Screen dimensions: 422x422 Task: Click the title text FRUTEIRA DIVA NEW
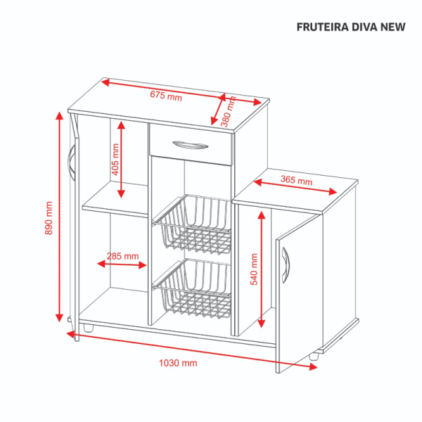coord(351,27)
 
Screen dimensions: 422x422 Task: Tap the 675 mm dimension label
coord(166,96)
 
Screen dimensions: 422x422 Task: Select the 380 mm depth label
coord(228,111)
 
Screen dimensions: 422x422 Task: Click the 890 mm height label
coord(49,218)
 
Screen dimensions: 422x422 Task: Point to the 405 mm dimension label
coord(115,160)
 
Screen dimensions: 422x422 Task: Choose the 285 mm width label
coord(122,256)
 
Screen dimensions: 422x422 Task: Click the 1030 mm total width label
coord(178,363)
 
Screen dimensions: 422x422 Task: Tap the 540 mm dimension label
coord(254,269)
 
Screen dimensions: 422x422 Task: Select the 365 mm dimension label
coord(296,180)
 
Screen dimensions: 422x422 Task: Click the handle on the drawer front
coord(190,145)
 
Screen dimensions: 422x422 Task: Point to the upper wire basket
coord(193,224)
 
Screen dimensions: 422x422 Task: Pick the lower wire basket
coord(193,289)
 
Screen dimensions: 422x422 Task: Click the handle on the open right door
coord(286,265)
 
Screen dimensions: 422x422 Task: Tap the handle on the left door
coord(71,163)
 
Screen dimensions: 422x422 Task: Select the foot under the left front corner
coord(88,328)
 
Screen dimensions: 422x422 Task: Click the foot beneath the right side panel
coord(314,357)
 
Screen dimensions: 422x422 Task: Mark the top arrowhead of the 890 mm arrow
coord(60,116)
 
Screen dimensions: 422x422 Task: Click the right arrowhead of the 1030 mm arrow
coord(313,366)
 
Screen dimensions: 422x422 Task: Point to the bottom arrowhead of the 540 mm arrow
coord(262,324)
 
